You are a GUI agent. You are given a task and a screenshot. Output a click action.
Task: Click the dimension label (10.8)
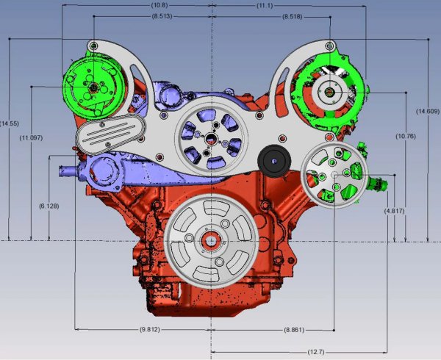click(159, 5)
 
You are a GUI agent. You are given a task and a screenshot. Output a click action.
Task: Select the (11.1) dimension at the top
click(265, 5)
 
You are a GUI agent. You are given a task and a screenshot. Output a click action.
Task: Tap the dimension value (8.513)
click(162, 16)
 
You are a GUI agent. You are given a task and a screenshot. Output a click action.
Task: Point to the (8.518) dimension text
click(293, 17)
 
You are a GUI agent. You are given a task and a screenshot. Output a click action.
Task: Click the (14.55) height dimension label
click(10, 123)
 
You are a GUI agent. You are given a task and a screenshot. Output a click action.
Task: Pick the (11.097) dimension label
click(31, 138)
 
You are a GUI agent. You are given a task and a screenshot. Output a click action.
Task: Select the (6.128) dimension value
click(49, 206)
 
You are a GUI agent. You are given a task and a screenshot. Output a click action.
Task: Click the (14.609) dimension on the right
click(428, 111)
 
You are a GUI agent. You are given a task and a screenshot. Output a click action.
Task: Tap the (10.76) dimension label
click(406, 137)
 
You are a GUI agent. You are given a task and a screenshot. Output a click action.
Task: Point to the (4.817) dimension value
click(394, 211)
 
